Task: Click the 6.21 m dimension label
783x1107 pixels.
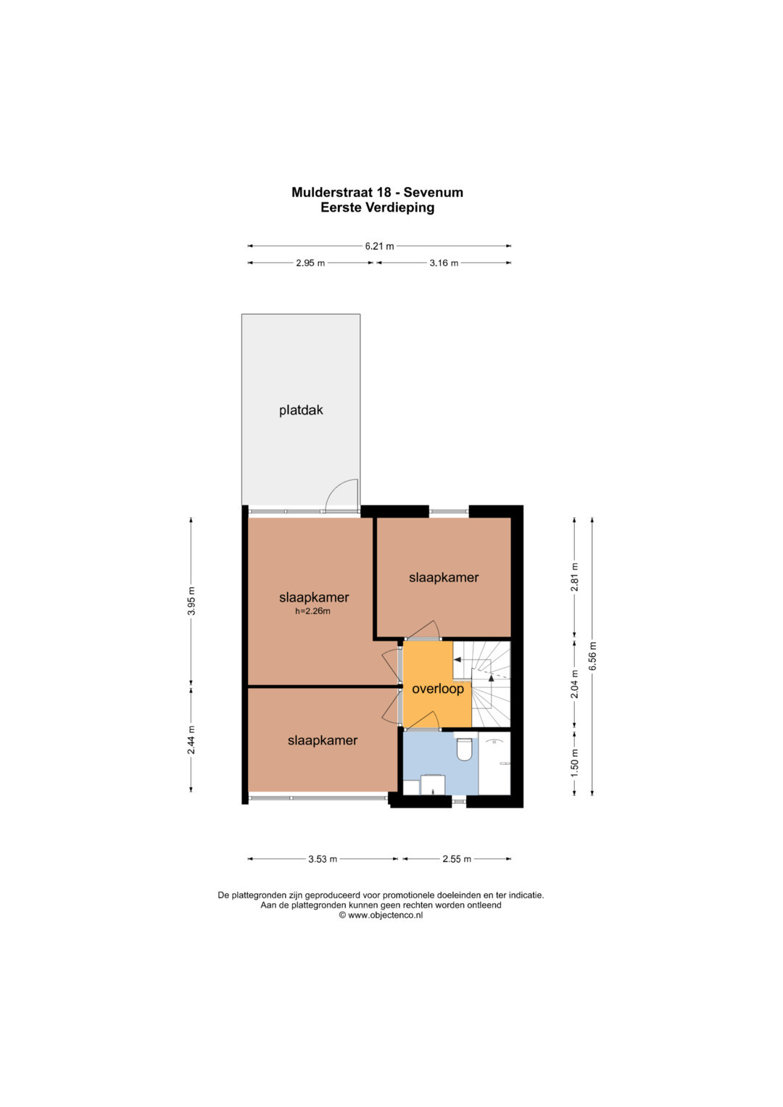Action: [x=379, y=246]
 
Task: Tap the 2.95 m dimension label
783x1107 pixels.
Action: [x=310, y=263]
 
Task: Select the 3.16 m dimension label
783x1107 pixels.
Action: [x=444, y=263]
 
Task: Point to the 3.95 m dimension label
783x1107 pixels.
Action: [x=192, y=600]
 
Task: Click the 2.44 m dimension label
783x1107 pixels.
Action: [x=192, y=739]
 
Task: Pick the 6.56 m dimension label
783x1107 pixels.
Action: [x=593, y=656]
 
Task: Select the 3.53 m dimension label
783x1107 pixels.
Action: [x=323, y=859]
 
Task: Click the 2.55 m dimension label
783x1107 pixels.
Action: [x=457, y=859]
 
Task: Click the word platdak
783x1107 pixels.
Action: [x=301, y=410]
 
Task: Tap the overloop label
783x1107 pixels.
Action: [x=438, y=689]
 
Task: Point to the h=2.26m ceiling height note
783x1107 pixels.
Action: [x=313, y=611]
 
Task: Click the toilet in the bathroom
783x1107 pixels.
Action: [x=464, y=749]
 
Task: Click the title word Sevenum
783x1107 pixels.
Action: [x=434, y=192]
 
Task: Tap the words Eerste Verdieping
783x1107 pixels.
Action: [x=378, y=207]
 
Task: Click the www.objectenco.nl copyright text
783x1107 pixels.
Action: [x=381, y=916]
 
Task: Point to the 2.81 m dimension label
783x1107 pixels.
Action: [x=574, y=577]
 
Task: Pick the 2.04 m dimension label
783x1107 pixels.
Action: [x=574, y=684]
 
